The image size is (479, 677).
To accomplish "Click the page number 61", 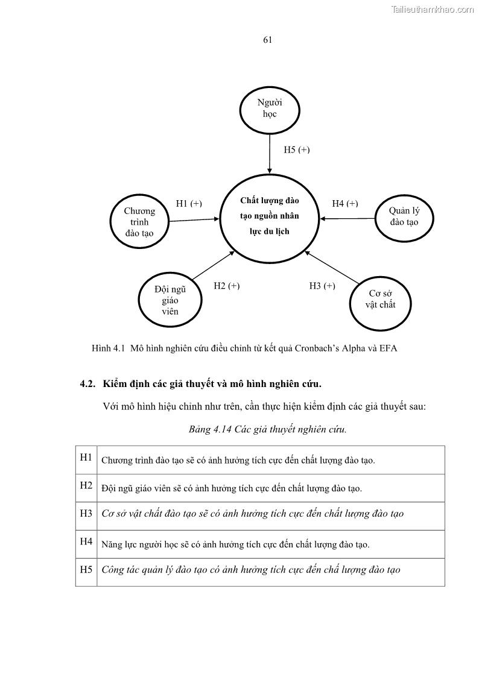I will point(268,40).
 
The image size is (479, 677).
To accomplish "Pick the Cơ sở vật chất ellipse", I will point(380,300).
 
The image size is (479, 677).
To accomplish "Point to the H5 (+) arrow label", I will point(297,150).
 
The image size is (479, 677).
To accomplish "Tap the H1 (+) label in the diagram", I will point(189,204).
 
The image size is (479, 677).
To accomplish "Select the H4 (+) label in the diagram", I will point(345,204).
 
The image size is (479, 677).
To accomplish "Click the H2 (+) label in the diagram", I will point(227,286).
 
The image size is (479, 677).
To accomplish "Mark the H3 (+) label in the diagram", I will point(322,286).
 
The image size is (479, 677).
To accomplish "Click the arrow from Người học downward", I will point(270,153).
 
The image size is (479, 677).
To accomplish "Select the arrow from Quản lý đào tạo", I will point(347,218).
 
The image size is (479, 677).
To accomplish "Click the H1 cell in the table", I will point(86,458).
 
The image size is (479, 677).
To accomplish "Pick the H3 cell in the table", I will point(86,514).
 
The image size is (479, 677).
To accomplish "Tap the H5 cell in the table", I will point(86,570).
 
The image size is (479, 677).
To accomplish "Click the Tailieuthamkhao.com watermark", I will point(433,9).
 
